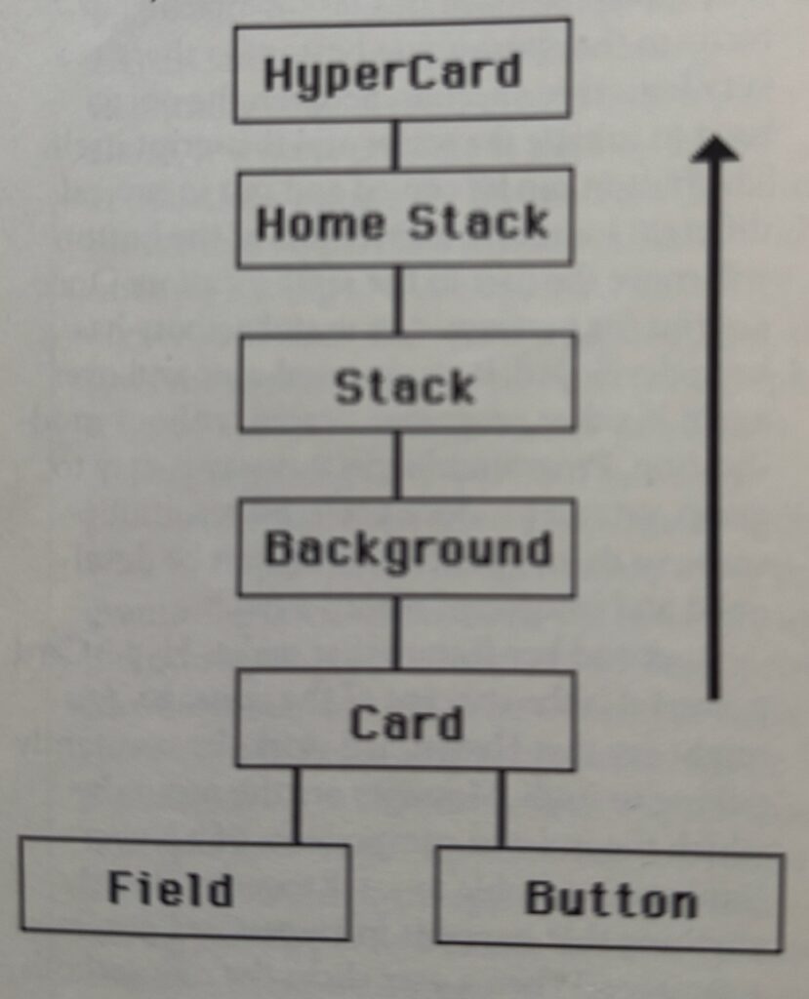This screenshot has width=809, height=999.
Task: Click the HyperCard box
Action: pyautogui.click(x=401, y=72)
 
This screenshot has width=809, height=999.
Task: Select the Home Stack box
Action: pyautogui.click(x=403, y=220)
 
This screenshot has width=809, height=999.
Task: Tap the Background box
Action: pyautogui.click(x=406, y=548)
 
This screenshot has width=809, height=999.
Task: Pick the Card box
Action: pyautogui.click(x=406, y=720)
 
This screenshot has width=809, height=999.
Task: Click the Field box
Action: pyautogui.click(x=184, y=890)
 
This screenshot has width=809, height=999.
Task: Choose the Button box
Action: pyautogui.click(x=608, y=899)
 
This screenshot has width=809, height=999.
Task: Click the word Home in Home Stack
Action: pyautogui.click(x=320, y=223)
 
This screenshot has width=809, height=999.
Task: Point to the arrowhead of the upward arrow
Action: pyautogui.click(x=714, y=149)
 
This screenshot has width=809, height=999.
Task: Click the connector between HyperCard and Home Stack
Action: pyautogui.click(x=395, y=145)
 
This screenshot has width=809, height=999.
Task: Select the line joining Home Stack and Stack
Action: pyautogui.click(x=397, y=300)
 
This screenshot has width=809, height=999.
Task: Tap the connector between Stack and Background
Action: pyautogui.click(x=396, y=464)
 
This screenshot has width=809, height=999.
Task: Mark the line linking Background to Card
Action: pyautogui.click(x=396, y=632)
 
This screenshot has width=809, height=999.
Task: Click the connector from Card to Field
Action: pyautogui.click(x=297, y=805)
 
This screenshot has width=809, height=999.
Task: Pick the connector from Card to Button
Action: pyautogui.click(x=502, y=808)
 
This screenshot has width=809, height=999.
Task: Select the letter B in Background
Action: pyautogui.click(x=278, y=548)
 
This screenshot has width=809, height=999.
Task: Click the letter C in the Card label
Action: pyautogui.click(x=363, y=723)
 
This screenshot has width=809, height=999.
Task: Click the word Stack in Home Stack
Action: pyautogui.click(x=477, y=222)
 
